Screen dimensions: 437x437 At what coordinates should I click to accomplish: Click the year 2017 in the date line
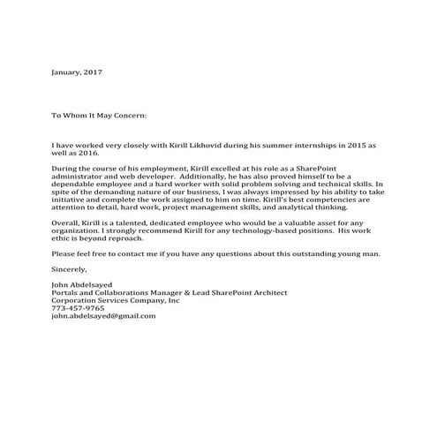(93, 70)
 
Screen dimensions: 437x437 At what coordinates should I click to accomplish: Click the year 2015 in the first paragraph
(350, 143)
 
